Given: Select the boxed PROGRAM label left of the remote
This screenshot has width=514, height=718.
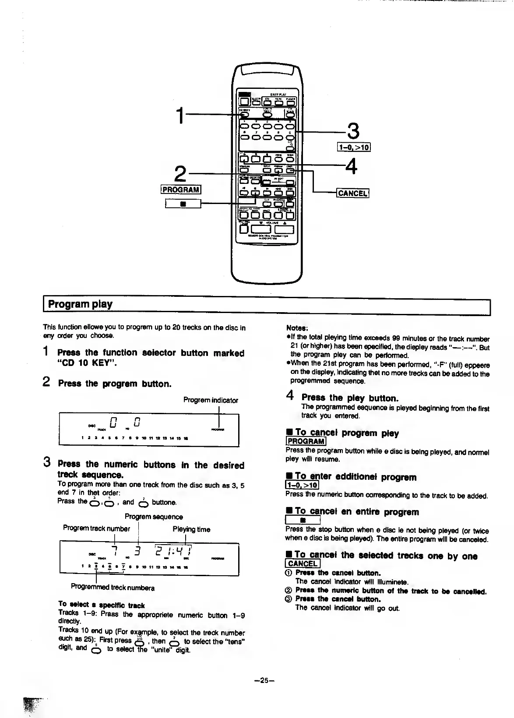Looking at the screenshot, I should pos(181,189).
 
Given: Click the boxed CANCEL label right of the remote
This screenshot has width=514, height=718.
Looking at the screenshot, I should pos(352,193).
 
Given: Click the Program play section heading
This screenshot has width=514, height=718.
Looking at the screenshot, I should pos(80,304).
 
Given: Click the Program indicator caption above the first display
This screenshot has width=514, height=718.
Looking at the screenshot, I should pos(211,400).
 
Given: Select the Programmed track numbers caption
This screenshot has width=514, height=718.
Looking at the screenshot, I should pos(113,588).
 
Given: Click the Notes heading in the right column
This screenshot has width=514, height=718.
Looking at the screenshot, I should pos(297,328).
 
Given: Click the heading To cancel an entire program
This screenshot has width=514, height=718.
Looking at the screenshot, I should pos(356,511).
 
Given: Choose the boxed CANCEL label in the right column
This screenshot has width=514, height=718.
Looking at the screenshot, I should pos(303,563).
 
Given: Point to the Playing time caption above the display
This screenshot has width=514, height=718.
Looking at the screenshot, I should pos(191,529).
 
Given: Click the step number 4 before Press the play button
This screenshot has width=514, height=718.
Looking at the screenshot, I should pos(290,396).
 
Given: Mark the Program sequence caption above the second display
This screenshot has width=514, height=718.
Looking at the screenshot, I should pos(154,517).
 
